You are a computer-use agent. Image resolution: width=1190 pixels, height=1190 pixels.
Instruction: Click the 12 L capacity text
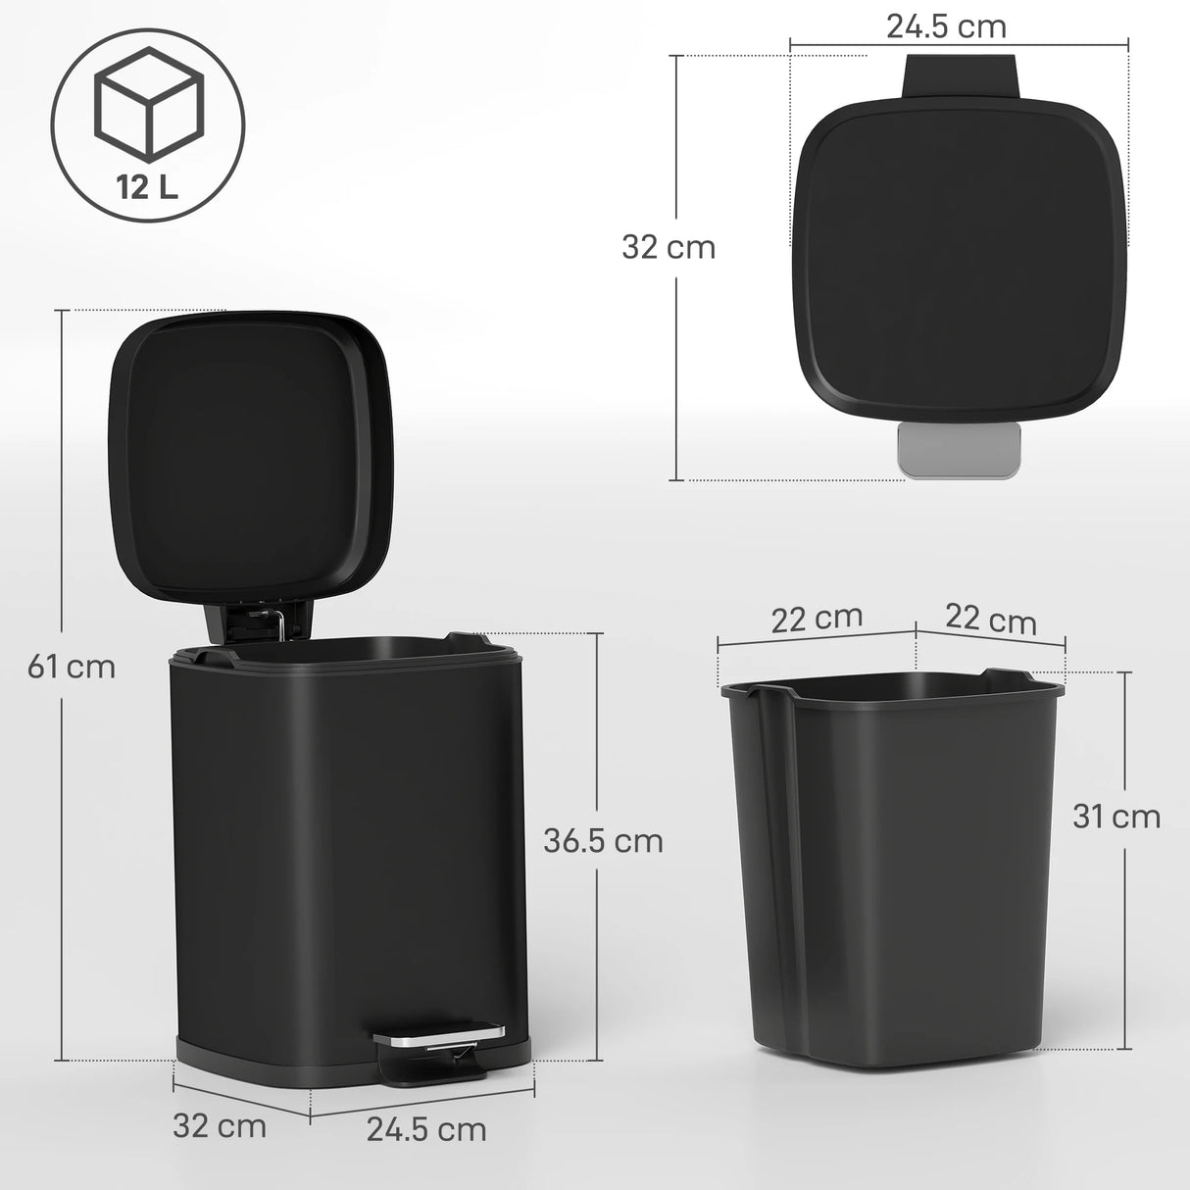pyautogui.click(x=148, y=187)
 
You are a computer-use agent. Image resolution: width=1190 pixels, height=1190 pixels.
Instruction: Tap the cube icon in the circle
pyautogui.click(x=148, y=102)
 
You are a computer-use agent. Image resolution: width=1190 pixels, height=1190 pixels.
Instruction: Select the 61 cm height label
pyautogui.click(x=72, y=667)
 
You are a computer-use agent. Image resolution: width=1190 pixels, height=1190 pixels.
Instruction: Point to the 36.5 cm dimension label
pyautogui.click(x=604, y=840)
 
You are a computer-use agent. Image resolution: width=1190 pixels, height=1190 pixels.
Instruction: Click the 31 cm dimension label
pyautogui.click(x=1116, y=816)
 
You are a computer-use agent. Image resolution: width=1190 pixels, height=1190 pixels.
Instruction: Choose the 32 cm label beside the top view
pyautogui.click(x=669, y=247)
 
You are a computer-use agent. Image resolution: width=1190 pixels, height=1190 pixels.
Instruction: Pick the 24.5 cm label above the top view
pyautogui.click(x=946, y=26)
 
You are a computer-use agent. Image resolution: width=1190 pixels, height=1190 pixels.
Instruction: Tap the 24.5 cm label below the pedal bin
pyautogui.click(x=426, y=1128)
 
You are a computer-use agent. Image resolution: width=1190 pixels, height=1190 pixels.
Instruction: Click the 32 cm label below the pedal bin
pyautogui.click(x=220, y=1125)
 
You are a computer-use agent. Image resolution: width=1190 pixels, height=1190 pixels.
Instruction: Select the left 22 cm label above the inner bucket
pyautogui.click(x=817, y=619)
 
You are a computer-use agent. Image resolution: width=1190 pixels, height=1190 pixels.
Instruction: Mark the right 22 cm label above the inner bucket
pyautogui.click(x=991, y=620)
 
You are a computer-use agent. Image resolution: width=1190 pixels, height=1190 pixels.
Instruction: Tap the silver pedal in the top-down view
pyautogui.click(x=959, y=452)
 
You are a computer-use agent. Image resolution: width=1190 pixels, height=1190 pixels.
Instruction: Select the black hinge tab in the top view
pyautogui.click(x=962, y=75)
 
